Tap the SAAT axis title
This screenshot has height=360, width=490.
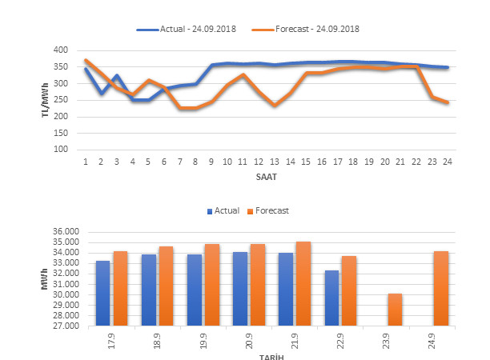[x=266, y=175]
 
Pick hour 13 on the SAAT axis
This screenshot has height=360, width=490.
[x=275, y=161]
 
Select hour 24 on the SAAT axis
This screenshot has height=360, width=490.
[x=448, y=161]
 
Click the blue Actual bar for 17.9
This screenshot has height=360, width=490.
[x=103, y=293]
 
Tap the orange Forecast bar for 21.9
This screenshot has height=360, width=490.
[x=303, y=283]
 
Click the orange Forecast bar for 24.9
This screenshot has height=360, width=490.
[x=440, y=288]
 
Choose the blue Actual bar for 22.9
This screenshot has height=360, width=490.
[x=331, y=298]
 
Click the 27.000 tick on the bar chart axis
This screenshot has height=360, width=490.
[x=69, y=326]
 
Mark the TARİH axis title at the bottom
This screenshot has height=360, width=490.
[x=266, y=357]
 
